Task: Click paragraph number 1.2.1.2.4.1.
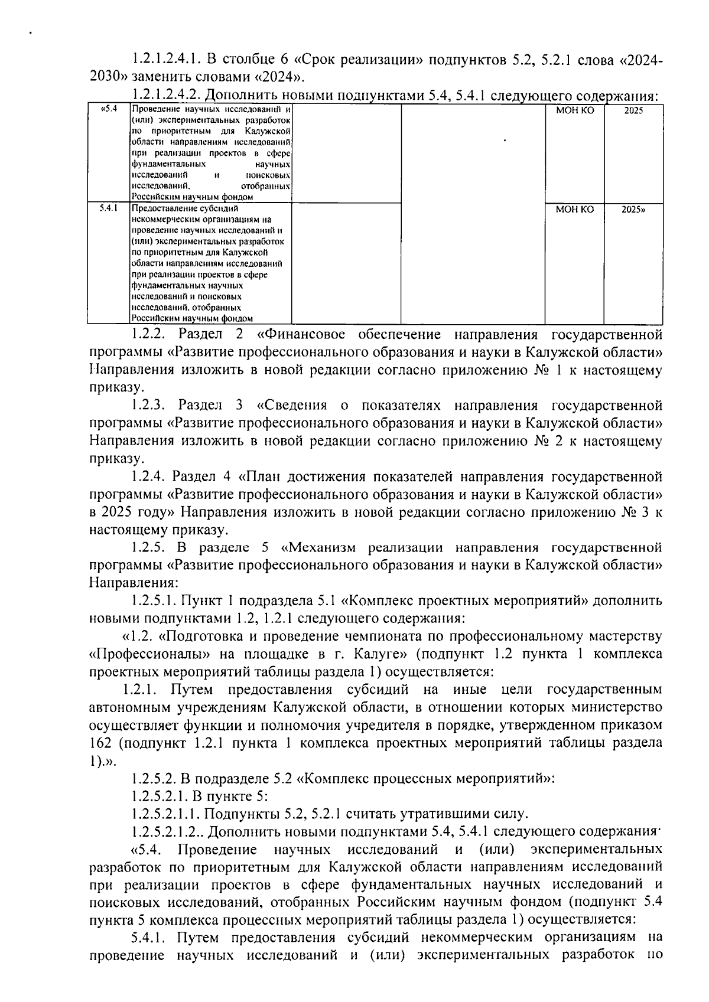[x=164, y=59]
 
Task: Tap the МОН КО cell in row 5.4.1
[x=575, y=209]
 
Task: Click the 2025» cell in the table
[x=633, y=209]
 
